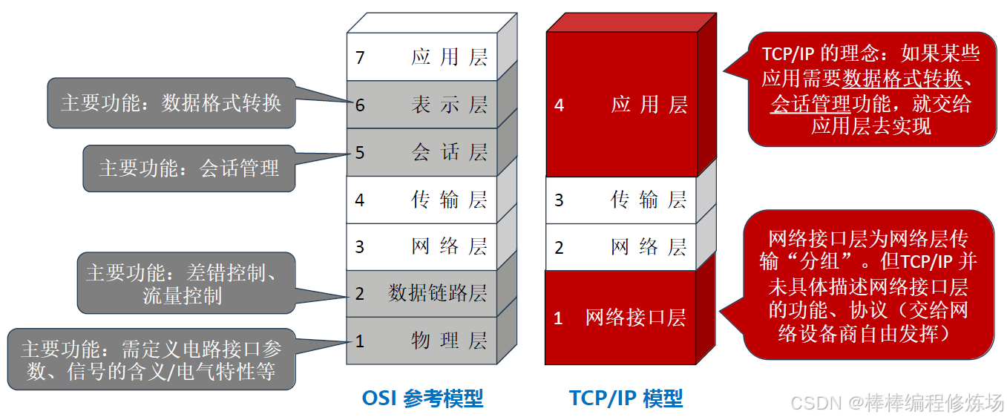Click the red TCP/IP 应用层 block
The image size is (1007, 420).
click(x=622, y=105)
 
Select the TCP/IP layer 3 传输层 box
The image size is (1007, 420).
click(x=622, y=200)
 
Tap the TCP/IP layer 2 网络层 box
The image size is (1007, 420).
click(x=622, y=247)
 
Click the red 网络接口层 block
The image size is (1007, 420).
click(x=622, y=318)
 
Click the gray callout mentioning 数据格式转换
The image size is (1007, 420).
click(x=171, y=102)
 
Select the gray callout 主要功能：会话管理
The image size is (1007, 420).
click(x=189, y=168)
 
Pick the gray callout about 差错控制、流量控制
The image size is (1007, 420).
click(x=183, y=283)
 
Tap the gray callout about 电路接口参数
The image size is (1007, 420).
click(x=151, y=360)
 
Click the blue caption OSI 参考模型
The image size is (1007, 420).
click(x=422, y=398)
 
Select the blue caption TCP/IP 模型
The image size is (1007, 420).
click(x=626, y=398)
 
